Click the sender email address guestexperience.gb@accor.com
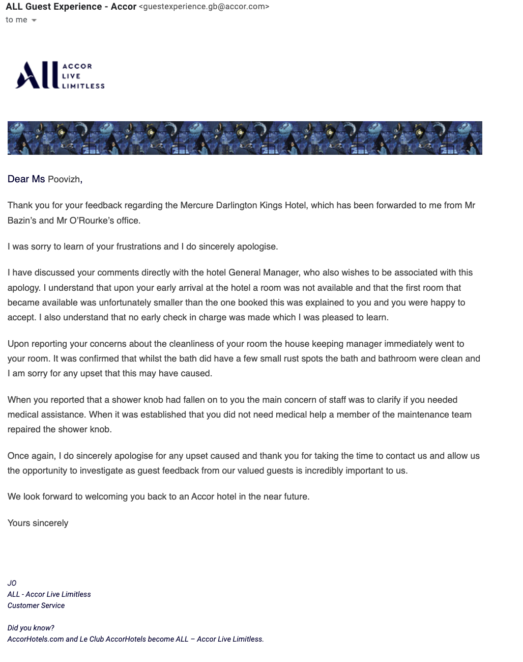[x=204, y=7]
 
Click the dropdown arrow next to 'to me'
[x=34, y=20]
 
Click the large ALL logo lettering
[x=37, y=75]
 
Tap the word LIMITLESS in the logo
[x=83, y=86]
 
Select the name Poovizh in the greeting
[x=64, y=179]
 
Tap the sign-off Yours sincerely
[x=38, y=523]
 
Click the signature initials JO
[x=12, y=583]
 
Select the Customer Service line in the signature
[x=36, y=605]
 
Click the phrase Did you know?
[x=31, y=628]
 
